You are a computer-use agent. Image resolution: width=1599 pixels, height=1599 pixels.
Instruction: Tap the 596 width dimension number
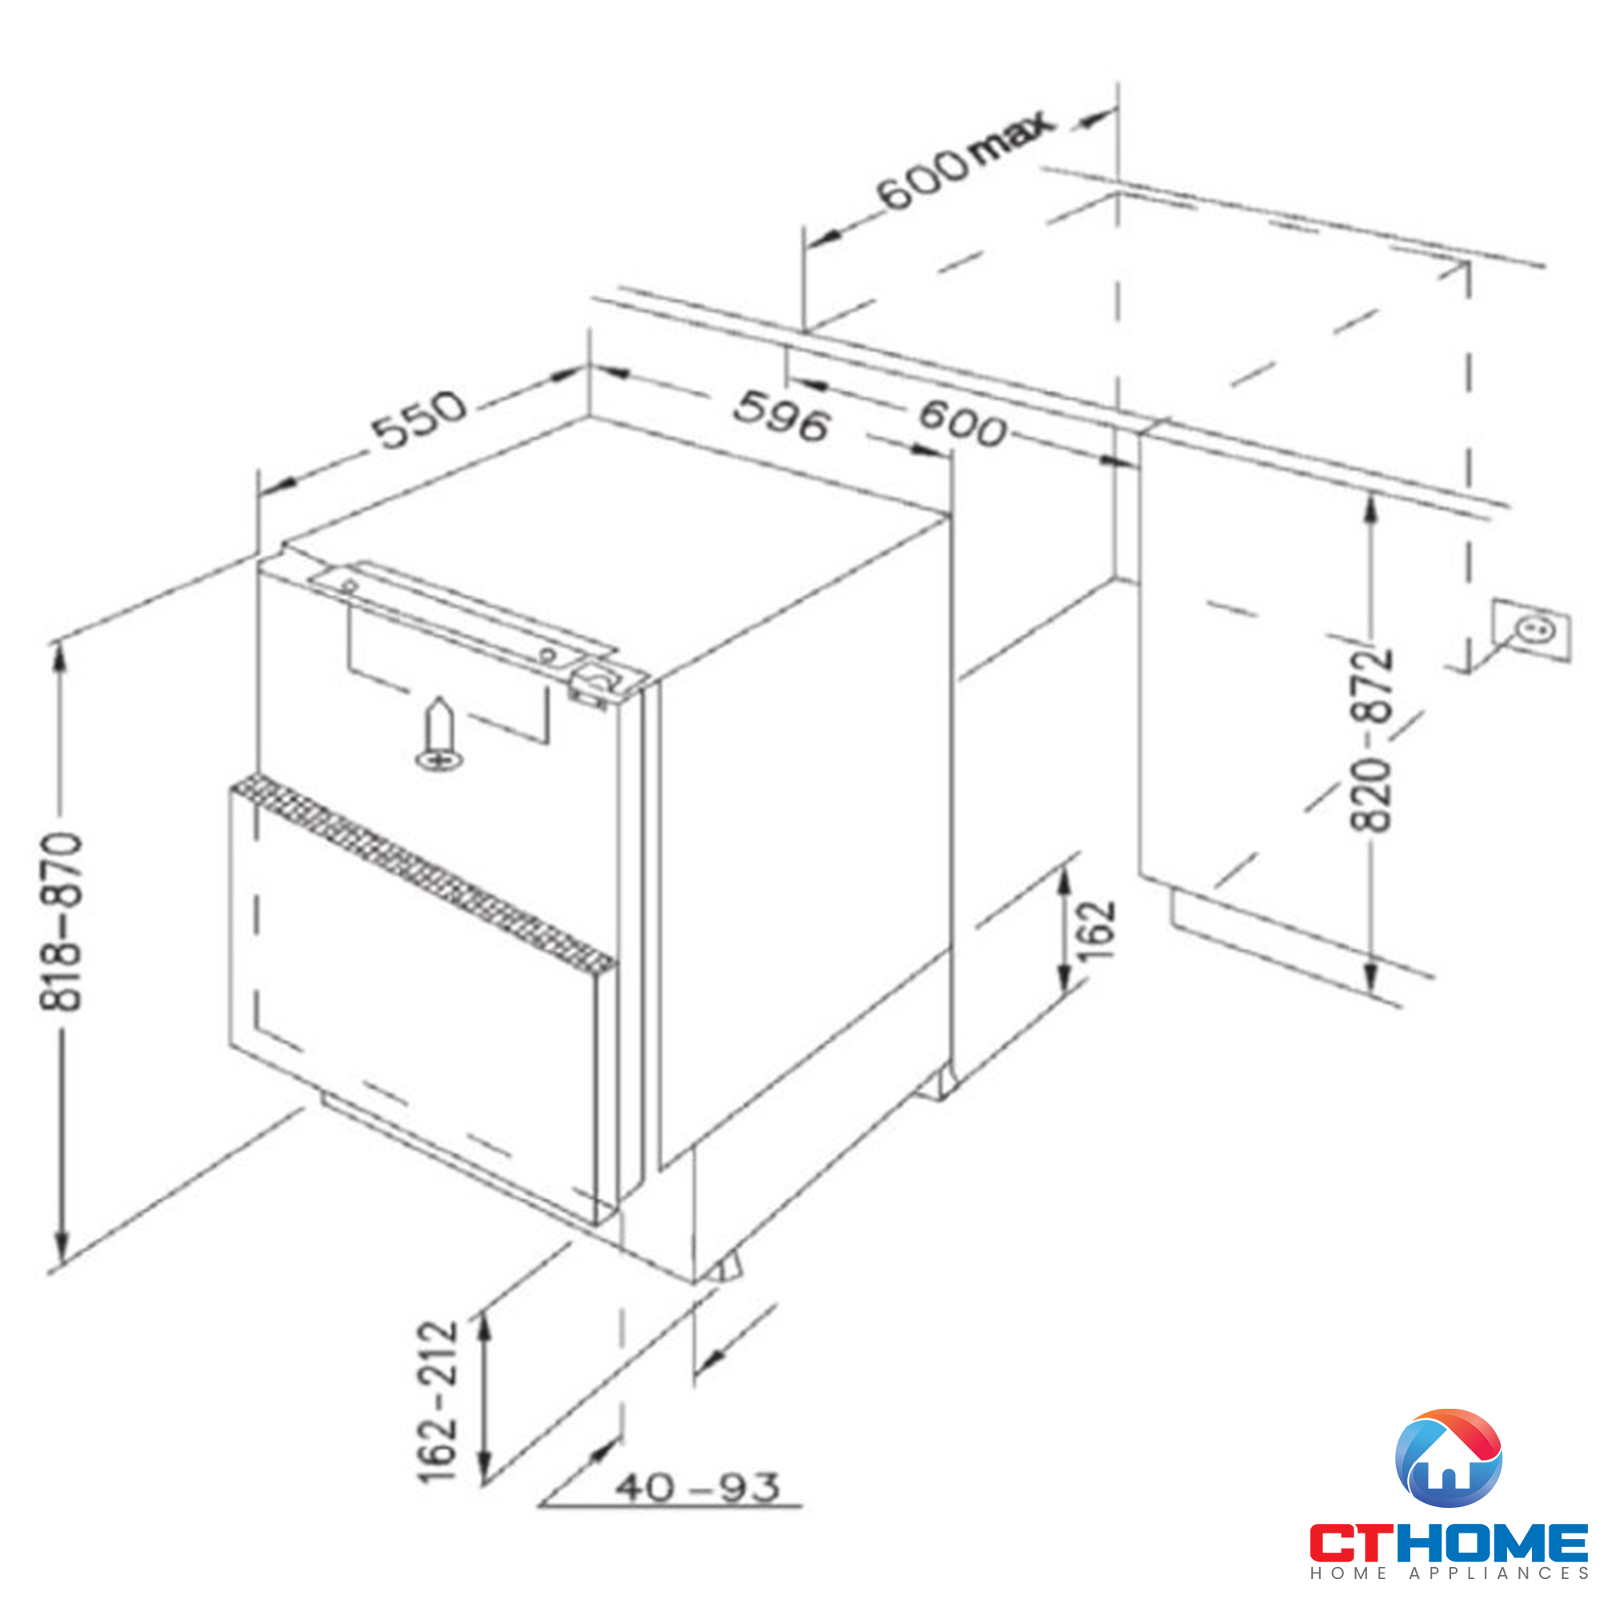780,416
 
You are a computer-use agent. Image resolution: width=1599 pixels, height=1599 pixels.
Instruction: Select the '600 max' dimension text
964,159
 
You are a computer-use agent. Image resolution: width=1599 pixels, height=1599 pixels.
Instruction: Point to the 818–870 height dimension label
62,921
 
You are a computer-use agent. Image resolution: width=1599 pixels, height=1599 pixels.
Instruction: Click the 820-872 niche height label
1371,738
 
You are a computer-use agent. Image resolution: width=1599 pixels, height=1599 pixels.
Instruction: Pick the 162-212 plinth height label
437,1402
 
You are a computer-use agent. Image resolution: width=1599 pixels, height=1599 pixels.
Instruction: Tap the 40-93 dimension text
697,1487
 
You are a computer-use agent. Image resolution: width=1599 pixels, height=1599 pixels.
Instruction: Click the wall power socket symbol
1531,632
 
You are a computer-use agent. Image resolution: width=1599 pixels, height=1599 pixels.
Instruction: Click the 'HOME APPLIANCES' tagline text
1449,1573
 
